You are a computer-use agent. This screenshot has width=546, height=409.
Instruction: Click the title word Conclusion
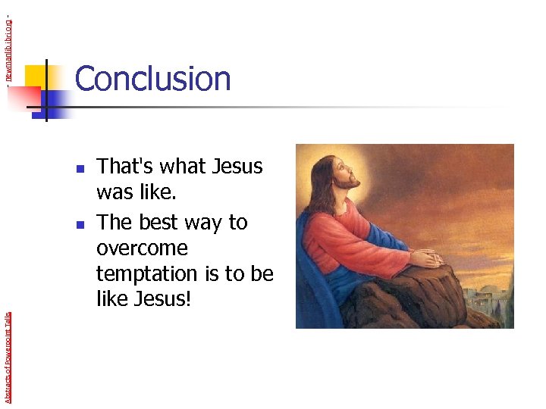tap(152, 79)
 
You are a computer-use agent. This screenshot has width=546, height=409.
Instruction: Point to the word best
tap(156, 222)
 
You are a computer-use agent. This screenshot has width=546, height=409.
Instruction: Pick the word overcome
tap(142, 249)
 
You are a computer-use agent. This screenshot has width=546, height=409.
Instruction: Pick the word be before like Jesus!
tap(262, 273)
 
